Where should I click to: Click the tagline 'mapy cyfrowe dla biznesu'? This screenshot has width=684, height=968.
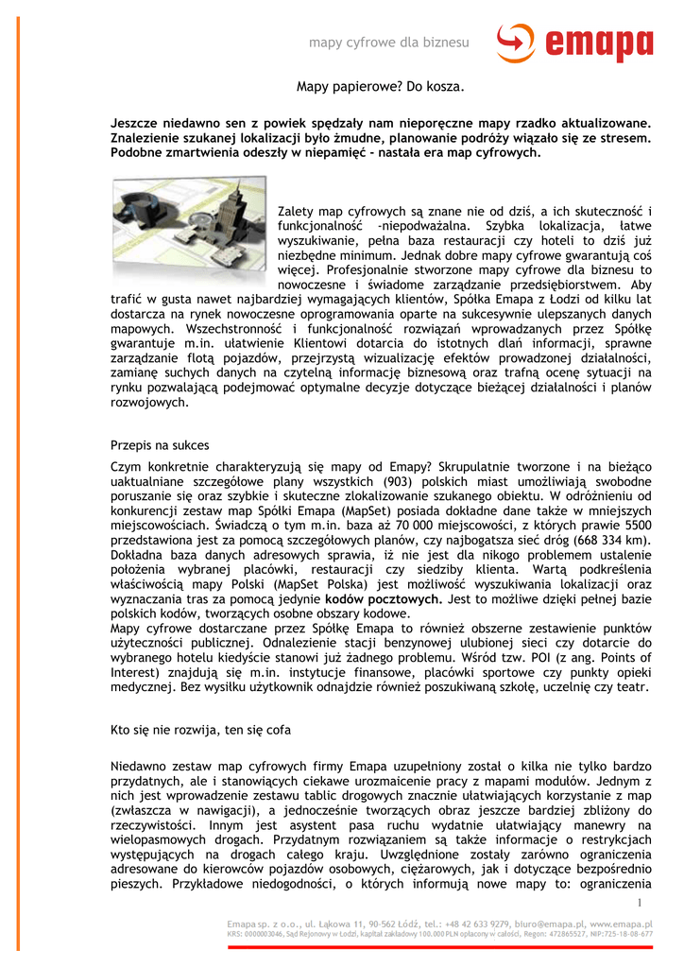click(389, 43)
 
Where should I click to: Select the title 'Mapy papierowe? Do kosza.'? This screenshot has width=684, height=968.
click(381, 87)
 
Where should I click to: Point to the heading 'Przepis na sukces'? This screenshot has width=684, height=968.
click(160, 444)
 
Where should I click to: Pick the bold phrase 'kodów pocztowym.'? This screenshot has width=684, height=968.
click(384, 599)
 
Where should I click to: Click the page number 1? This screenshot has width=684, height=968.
click(641, 903)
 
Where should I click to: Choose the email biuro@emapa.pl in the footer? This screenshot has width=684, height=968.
click(524, 923)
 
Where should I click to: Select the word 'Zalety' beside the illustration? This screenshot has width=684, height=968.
click(295, 211)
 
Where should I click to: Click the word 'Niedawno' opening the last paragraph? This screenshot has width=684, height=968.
click(139, 765)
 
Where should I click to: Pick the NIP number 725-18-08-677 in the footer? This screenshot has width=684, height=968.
click(619, 933)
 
